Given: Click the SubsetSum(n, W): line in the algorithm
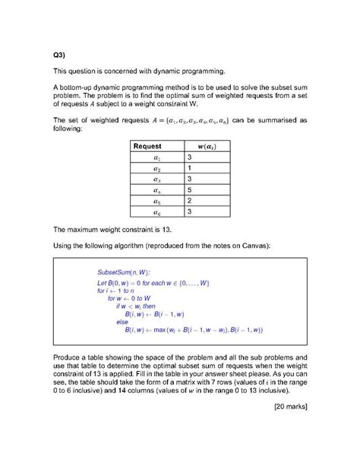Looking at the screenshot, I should pyautogui.click(x=123, y=272).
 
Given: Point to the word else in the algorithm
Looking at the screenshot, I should pyautogui.click(x=122, y=322).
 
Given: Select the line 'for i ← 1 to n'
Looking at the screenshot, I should pyautogui.click(x=116, y=291).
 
